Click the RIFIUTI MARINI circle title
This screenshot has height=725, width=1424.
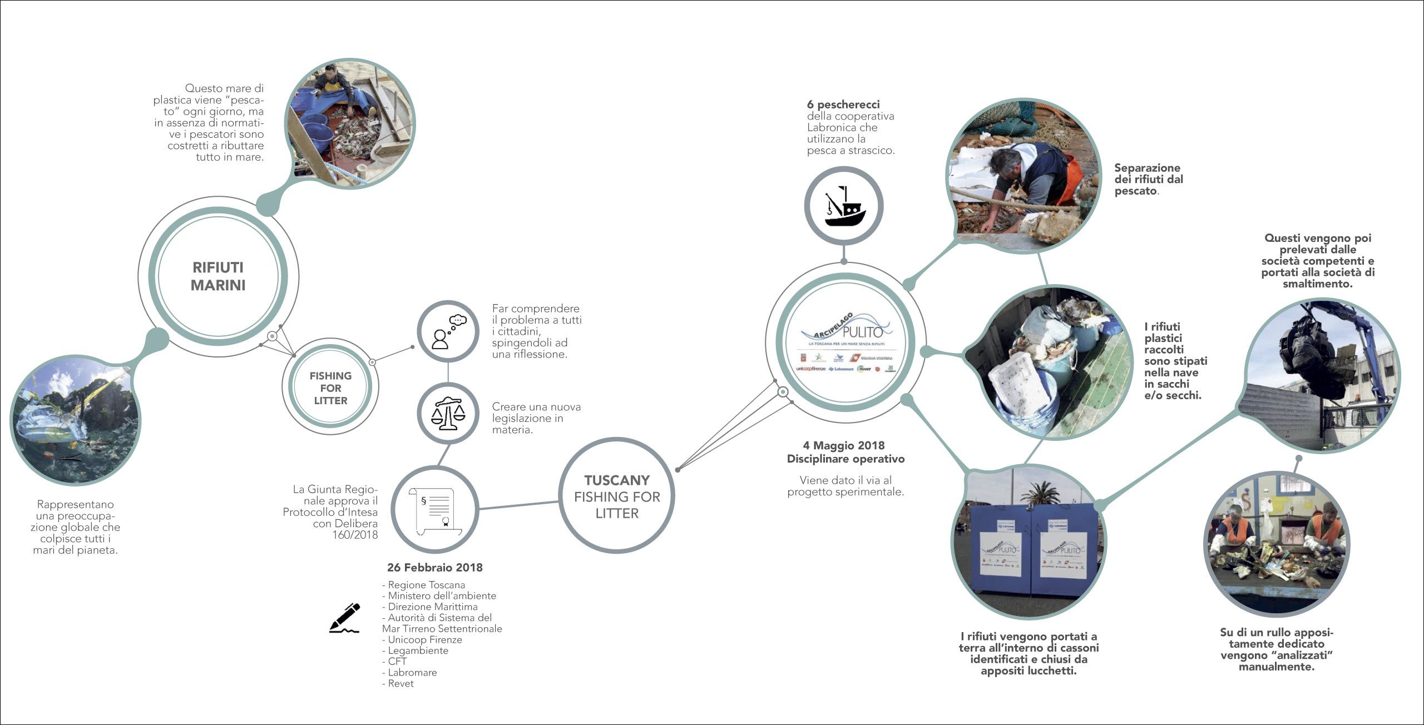pos(218,276)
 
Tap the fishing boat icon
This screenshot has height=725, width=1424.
pos(844,206)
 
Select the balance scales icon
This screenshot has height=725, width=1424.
pos(448,413)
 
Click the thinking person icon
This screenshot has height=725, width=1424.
pos(448,332)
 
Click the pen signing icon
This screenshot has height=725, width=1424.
pos(345,618)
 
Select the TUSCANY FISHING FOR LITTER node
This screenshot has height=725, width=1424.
pos(617,496)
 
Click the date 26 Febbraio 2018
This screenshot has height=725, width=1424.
pos(434,568)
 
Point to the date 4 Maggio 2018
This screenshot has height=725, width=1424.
pos(843,445)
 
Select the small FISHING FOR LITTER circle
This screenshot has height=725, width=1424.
pos(330,388)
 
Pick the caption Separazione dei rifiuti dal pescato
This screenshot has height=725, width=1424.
pos(1149,179)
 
